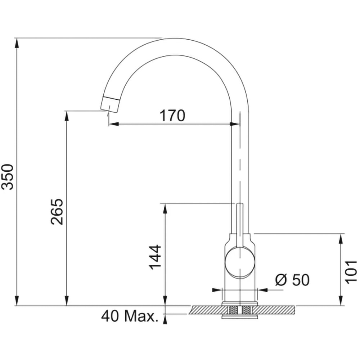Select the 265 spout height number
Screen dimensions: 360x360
57,211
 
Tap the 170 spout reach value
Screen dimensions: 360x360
172,116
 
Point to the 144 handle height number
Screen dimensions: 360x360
155,257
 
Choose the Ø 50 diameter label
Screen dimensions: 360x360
292,280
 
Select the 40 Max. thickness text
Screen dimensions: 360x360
130,316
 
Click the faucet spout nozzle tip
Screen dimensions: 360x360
110,104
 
